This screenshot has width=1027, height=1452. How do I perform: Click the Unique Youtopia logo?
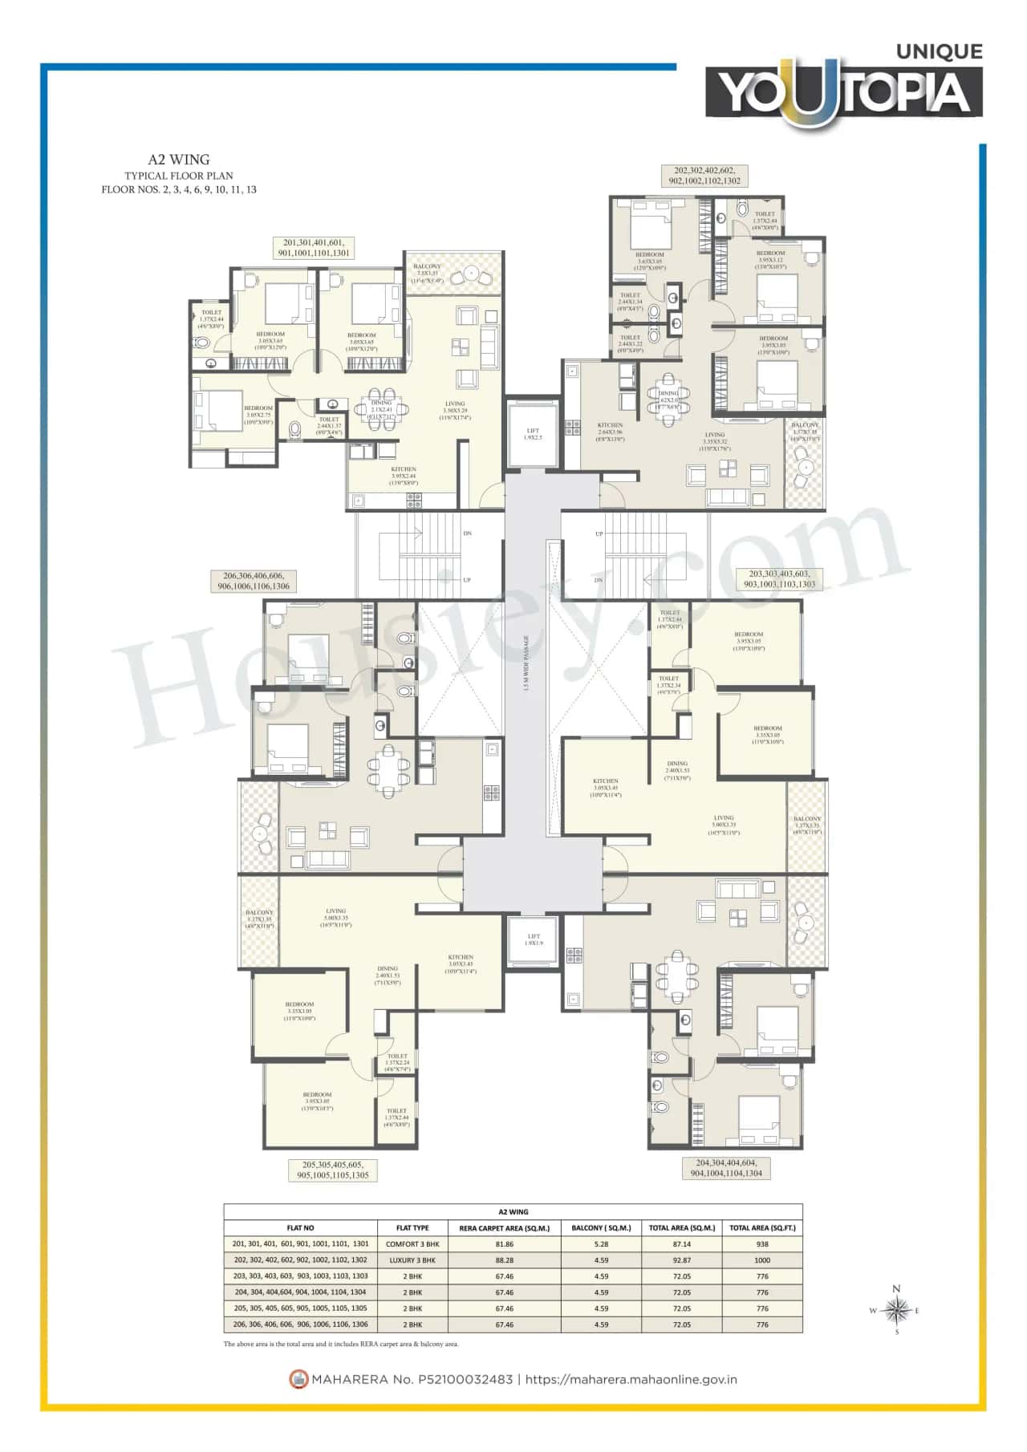coord(844,87)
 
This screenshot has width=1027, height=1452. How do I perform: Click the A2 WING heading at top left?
coord(178,160)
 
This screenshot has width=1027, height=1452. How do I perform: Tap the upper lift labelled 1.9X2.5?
coord(533,434)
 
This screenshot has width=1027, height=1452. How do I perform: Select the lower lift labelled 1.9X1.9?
coord(534,939)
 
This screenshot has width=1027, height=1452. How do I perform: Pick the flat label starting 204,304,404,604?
coord(726,1167)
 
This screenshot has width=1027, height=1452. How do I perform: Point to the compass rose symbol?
coord(895,1311)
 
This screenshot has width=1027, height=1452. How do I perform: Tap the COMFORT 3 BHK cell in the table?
coord(412,1244)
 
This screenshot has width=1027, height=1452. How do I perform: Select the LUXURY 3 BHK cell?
coord(412,1260)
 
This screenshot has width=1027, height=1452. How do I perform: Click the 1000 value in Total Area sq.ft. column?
coord(761,1260)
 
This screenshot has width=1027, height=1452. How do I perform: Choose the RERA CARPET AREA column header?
coord(504,1228)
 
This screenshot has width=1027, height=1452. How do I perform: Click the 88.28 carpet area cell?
coord(504,1260)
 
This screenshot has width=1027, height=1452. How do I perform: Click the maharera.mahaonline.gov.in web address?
coord(631,1380)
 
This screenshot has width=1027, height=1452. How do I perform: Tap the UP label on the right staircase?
coord(599,533)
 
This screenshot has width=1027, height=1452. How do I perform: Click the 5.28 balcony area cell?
coord(601,1244)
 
